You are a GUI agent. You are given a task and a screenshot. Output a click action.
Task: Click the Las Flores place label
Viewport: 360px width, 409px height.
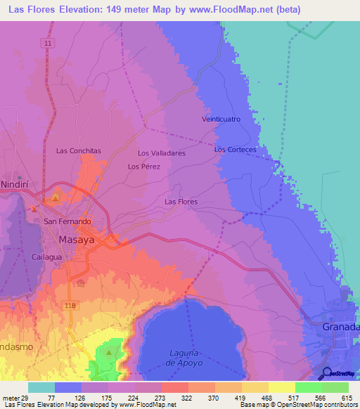181,202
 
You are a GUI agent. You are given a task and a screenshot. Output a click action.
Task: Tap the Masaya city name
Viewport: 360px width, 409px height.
77,240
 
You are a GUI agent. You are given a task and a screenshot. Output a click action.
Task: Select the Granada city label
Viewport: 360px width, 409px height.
340,327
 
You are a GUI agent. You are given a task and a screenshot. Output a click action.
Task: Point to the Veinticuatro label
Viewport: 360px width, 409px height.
221,119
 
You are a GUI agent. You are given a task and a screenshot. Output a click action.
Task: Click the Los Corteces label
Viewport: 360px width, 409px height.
235,150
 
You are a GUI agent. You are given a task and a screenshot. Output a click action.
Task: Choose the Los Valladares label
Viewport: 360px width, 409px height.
161,152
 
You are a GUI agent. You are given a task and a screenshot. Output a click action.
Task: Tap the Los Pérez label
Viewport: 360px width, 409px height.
144,167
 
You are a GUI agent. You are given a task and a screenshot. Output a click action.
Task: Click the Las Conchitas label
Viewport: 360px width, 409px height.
78,150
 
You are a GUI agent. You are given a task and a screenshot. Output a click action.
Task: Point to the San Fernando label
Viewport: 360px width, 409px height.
67,221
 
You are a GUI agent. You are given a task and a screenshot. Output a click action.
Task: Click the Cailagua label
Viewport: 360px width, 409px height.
47,257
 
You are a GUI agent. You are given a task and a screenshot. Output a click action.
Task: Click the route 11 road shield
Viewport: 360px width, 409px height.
47,44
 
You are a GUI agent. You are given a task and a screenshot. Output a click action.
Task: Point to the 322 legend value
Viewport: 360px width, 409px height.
186,398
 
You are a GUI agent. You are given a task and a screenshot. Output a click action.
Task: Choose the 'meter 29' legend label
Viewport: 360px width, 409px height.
15,398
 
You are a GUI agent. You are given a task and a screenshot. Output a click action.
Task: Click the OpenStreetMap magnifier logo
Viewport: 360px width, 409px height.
327,373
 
